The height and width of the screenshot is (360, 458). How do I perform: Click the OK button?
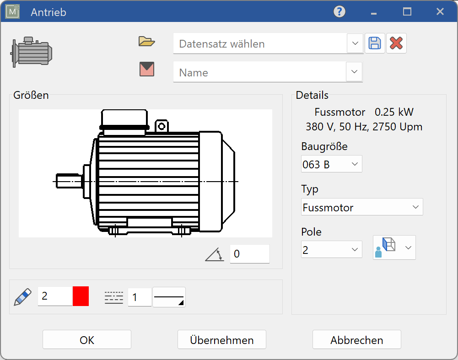pyautogui.click(x=87, y=340)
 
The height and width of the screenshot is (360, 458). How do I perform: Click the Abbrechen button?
pyautogui.click(x=356, y=340)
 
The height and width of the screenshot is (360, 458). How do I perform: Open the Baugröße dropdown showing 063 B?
pyautogui.click(x=331, y=164)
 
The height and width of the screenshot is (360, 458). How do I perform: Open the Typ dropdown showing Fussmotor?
pyautogui.click(x=361, y=207)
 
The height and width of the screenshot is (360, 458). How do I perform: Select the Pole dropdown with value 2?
pyautogui.click(x=331, y=249)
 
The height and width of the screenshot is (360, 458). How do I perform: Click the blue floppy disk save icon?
pyautogui.click(x=375, y=43)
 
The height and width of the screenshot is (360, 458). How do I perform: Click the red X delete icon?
pyautogui.click(x=396, y=43)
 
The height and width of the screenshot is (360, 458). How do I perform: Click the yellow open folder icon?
pyautogui.click(x=147, y=42)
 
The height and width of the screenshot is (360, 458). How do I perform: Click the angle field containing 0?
pyautogui.click(x=249, y=254)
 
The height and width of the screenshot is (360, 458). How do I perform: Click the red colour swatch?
pyautogui.click(x=81, y=296)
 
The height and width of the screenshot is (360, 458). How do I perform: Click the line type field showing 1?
pyautogui.click(x=139, y=297)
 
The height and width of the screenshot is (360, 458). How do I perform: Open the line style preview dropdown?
pyautogui.click(x=169, y=297)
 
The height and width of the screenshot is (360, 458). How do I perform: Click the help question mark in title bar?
pyautogui.click(x=339, y=11)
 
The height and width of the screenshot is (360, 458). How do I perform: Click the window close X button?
pyautogui.click(x=440, y=12)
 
